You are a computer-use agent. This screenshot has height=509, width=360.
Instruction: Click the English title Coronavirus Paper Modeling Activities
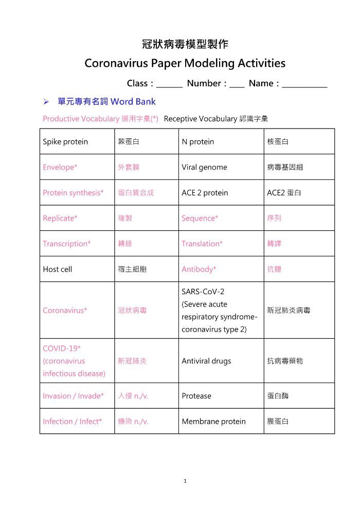coord(185,63)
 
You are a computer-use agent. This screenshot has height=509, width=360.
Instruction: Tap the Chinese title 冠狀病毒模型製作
coord(185,44)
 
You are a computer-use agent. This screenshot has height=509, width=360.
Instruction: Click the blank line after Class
coord(169,84)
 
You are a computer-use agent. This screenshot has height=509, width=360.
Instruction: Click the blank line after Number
coord(237,84)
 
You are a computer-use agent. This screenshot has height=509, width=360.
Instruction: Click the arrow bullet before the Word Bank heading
coord(46,101)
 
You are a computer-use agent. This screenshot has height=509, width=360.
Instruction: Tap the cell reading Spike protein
coord(65,141)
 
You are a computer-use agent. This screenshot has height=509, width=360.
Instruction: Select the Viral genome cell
coord(204,167)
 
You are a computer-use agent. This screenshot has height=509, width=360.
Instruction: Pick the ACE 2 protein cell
coord(205,193)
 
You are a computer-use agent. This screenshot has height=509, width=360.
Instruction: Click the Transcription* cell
coord(67,244)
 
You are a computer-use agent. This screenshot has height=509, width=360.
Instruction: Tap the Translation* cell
coord(202,244)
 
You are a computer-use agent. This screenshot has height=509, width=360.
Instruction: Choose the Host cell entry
coord(58,269)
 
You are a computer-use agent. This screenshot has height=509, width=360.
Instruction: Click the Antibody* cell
coord(199,269)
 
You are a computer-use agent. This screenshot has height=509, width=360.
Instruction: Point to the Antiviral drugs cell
coord(206,361)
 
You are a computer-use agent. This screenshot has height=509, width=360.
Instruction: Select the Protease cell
coord(196,396)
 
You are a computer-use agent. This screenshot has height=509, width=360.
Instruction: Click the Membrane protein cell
coord(213,422)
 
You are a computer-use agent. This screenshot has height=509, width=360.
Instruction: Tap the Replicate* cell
coord(60,218)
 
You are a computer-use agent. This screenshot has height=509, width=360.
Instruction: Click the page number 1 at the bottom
coord(185,481)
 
